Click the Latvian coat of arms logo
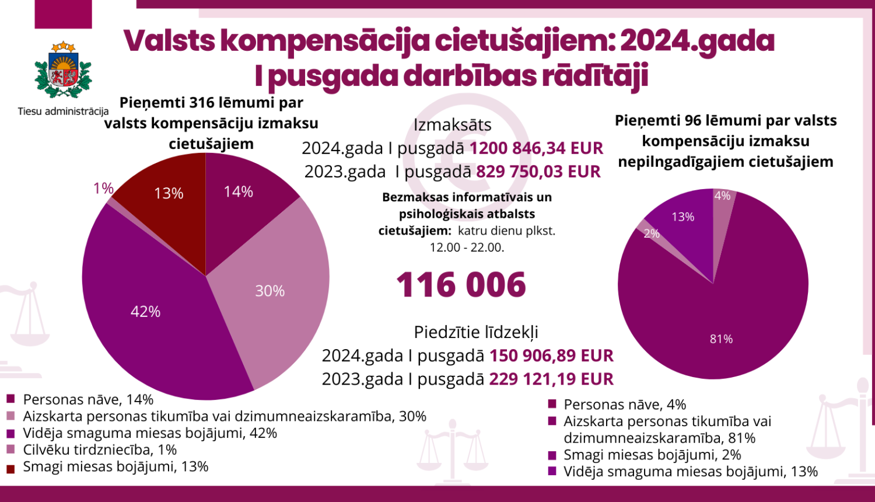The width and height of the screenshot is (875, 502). (x=63, y=70)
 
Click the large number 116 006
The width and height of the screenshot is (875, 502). (x=461, y=285)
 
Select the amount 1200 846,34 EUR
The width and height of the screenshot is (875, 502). (x=536, y=148)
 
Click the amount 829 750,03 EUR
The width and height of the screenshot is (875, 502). (x=538, y=172)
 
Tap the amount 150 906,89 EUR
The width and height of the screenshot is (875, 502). (x=551, y=355)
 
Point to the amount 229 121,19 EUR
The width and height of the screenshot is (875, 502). (x=551, y=379)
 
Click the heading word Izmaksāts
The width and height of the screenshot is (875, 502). (x=452, y=125)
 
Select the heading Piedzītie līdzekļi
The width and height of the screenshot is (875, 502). (x=476, y=332)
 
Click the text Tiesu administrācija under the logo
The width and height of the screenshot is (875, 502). (x=63, y=111)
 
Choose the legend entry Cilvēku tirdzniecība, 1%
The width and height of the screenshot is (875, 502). (x=100, y=450)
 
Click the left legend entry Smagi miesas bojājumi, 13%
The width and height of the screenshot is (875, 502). (x=116, y=466)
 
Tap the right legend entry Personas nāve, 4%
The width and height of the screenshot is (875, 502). (x=624, y=405)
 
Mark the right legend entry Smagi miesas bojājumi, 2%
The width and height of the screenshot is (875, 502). (x=652, y=455)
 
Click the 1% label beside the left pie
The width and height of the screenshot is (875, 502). (x=103, y=188)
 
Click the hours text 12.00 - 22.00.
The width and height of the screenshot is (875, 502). (x=467, y=247)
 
